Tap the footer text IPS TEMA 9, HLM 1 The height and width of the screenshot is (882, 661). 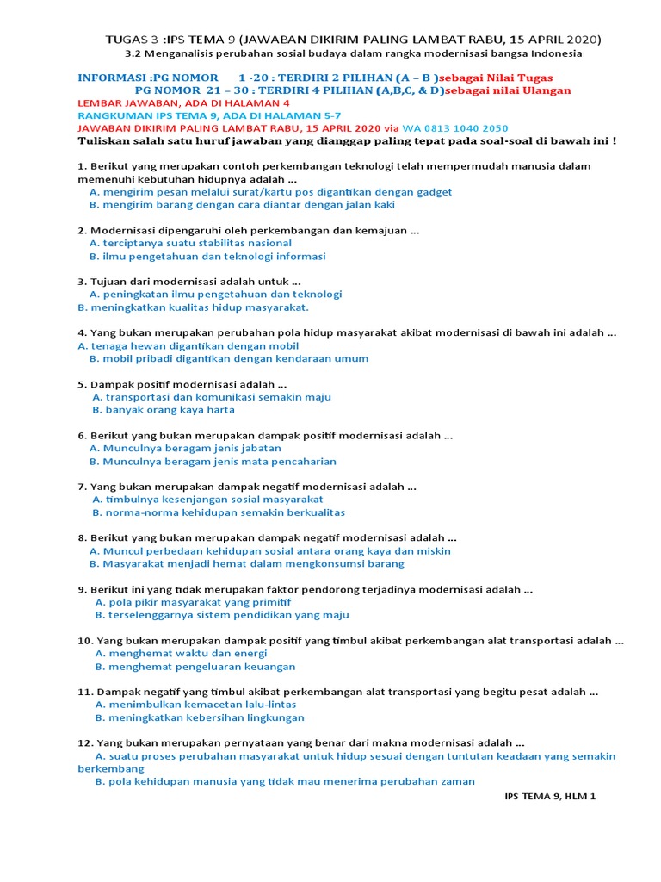549,797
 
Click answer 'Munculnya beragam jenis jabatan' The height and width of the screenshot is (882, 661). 185,448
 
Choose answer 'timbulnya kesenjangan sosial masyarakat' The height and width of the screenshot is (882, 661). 207,499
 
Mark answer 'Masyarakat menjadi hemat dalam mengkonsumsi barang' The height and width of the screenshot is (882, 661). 246,563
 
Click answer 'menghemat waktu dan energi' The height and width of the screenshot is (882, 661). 181,653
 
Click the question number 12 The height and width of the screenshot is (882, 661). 84,742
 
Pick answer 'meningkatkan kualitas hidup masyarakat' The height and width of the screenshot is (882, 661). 193,307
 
